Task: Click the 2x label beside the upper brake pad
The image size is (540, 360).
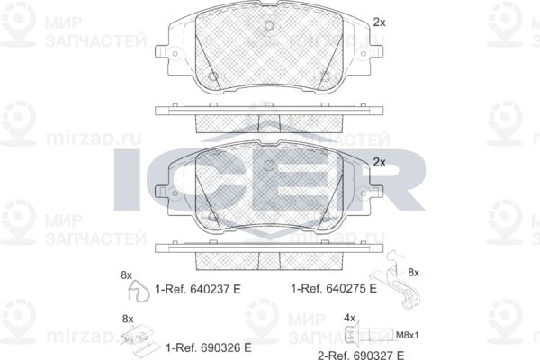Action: pos(378,22)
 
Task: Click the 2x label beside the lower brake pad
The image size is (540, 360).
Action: pos(378,162)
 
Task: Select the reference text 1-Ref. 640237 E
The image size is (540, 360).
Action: pos(202,290)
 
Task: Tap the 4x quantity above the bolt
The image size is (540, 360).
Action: pos(350,318)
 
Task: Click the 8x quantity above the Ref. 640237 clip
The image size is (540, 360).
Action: pos(126,274)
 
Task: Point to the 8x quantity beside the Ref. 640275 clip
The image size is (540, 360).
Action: pos(414,271)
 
